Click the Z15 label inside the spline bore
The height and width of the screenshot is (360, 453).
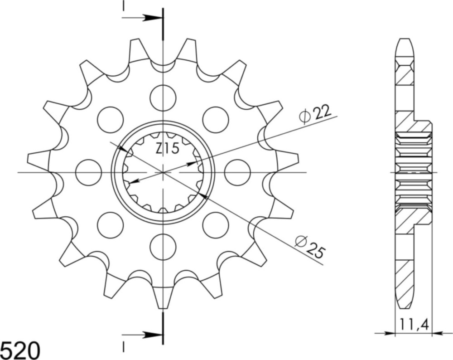(168, 148)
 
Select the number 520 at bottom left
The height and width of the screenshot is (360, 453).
(20, 350)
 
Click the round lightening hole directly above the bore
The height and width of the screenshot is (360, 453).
(163, 97)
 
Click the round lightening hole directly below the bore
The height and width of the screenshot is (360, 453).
(163, 248)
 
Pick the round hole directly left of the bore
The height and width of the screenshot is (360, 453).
(88, 172)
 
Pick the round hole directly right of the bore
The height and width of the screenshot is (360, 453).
(237, 172)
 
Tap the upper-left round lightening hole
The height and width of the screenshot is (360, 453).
(110, 120)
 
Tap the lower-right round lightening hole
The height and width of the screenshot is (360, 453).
(215, 225)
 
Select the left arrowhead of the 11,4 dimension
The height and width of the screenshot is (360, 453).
(390, 333)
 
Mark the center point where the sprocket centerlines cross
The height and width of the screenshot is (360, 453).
(163, 172)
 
